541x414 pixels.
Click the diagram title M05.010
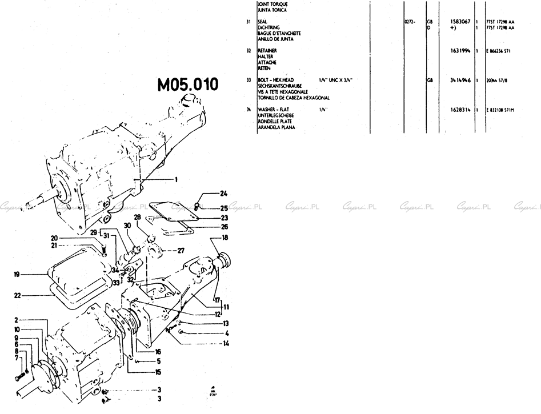[188, 85]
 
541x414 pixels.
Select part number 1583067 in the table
[460, 21]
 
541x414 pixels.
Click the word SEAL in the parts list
[263, 22]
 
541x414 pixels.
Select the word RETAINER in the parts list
[268, 50]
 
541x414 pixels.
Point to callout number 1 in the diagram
[176, 179]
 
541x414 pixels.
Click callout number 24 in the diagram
[224, 193]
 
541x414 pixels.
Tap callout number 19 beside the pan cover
[17, 274]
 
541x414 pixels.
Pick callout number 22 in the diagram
[17, 295]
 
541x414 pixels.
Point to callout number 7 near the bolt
[17, 357]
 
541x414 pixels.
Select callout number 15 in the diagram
[158, 372]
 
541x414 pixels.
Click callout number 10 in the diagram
[17, 329]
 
